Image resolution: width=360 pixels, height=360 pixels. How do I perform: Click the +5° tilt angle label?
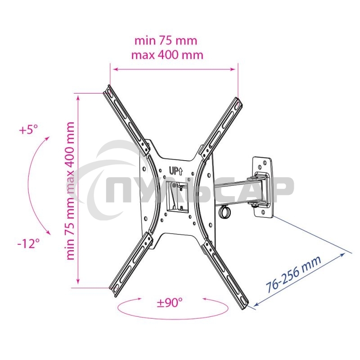point(28,130)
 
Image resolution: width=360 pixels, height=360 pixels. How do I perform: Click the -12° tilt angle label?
point(29,243)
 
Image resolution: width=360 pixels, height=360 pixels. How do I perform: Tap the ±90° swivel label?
point(170,302)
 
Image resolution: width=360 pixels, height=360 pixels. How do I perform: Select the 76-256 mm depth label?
point(293,274)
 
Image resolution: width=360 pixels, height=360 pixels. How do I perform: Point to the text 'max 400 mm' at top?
point(167,55)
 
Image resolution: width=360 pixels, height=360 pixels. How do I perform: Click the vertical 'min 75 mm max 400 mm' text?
point(71,191)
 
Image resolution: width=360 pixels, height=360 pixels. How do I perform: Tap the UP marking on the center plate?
point(175,171)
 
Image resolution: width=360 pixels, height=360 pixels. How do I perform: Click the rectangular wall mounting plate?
point(262,187)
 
